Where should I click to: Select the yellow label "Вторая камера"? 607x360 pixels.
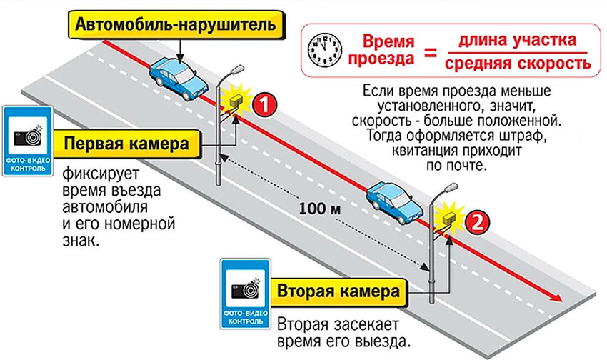pos(338,292)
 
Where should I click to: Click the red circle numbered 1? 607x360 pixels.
pos(263,104)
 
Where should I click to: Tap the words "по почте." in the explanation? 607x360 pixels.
pos(457,166)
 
